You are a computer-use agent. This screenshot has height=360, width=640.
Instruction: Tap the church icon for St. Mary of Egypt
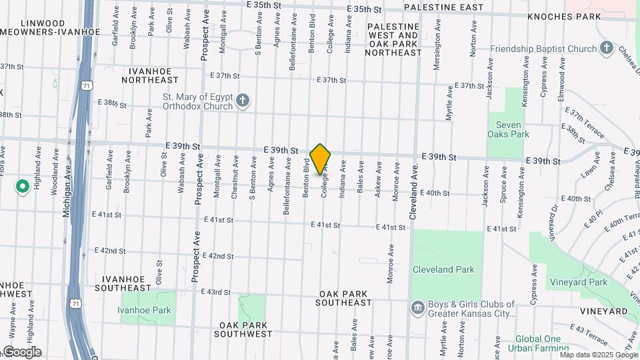tap(243, 101)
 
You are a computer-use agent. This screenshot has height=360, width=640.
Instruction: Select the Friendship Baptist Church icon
tap(606, 48)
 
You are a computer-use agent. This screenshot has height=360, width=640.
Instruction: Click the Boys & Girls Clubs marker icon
tap(417, 307)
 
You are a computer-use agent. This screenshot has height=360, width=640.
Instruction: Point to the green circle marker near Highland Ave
tap(22, 186)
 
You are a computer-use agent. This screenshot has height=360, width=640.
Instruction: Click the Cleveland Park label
tap(443, 270)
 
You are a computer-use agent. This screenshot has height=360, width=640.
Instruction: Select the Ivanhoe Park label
tap(144, 310)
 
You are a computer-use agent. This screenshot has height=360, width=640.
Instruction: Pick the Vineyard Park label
tap(579, 282)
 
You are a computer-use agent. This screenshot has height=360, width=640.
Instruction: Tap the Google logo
tap(21, 352)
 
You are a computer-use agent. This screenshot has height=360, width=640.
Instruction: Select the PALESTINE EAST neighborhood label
tap(443, 7)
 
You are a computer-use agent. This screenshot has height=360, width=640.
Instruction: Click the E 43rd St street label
tap(217, 292)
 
